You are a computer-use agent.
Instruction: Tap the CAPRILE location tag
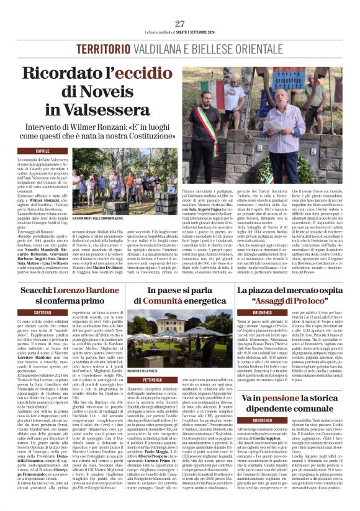click(x=43, y=151)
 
